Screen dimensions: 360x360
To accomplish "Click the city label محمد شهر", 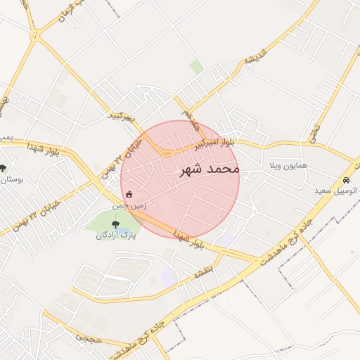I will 210,169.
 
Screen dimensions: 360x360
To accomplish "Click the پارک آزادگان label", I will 117,236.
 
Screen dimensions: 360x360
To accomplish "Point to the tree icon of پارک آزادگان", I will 106,224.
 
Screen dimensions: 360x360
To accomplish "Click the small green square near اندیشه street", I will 197,67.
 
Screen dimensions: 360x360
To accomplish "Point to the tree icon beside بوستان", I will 4,168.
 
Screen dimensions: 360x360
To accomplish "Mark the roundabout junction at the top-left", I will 35,34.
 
